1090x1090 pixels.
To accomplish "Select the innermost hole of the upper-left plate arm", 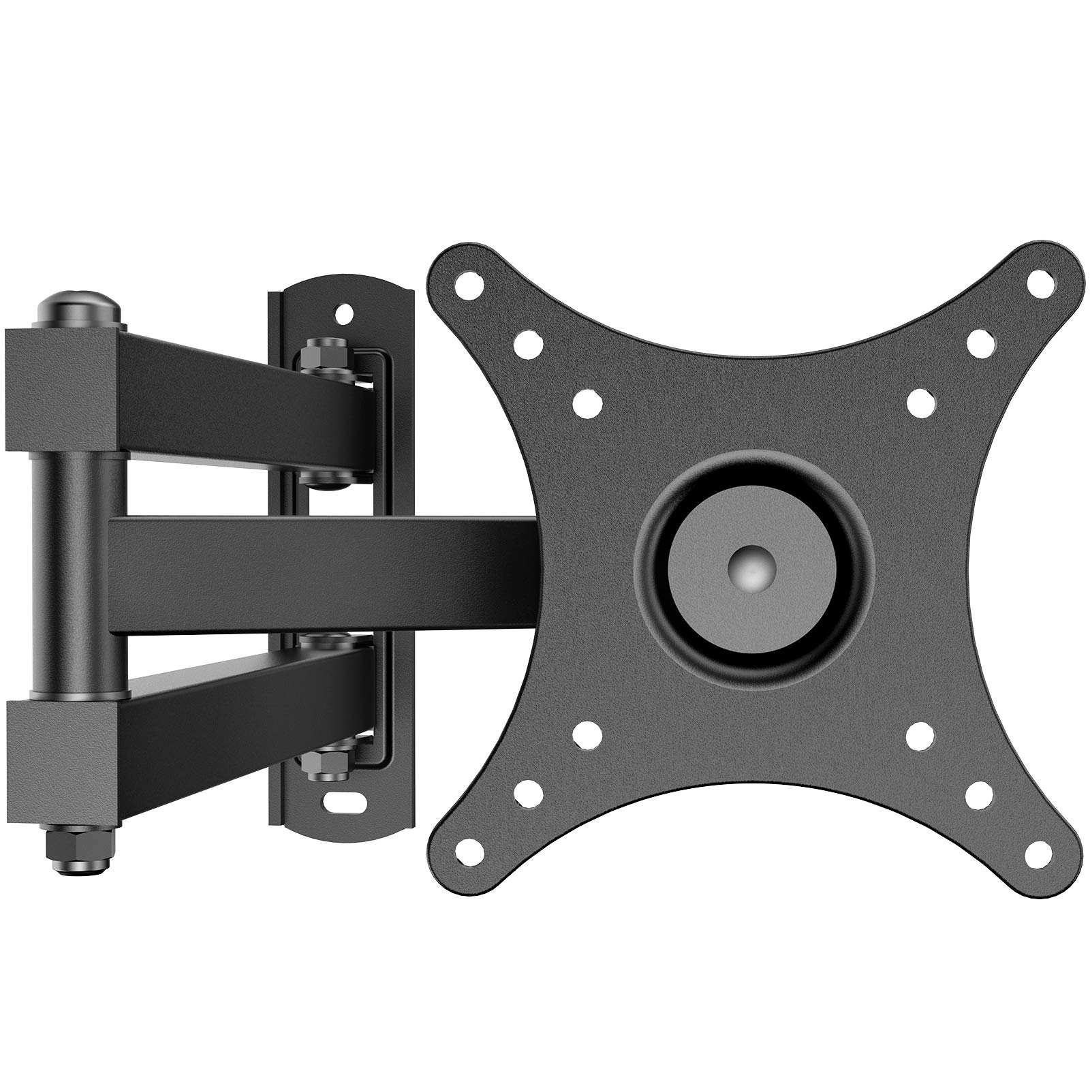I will (x=587, y=402).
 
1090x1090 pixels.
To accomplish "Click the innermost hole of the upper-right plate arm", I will (x=920, y=402).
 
